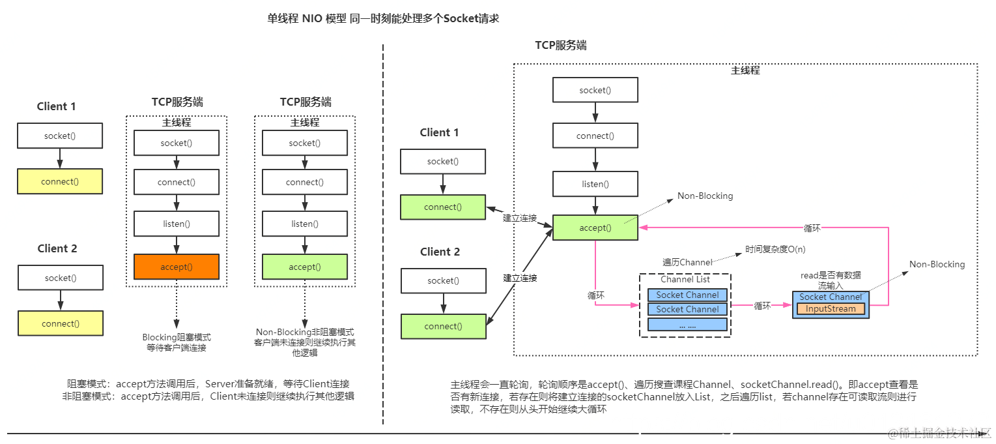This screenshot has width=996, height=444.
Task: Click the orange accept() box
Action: (176, 267)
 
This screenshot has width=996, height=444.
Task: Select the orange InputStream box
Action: (831, 309)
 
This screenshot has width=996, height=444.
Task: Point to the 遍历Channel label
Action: (687, 262)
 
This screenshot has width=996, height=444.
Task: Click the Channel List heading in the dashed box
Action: (685, 279)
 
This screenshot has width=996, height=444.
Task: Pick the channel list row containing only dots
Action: (687, 325)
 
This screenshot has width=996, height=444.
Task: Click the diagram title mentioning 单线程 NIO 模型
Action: (383, 19)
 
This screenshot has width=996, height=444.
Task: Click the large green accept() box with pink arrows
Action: (595, 228)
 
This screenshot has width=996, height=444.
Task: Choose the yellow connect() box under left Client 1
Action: (60, 181)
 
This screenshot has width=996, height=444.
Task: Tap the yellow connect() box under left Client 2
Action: (60, 323)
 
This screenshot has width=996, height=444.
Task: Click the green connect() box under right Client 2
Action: (443, 327)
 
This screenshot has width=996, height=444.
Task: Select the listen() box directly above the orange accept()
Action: (176, 224)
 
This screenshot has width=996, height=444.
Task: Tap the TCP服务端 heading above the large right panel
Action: (560, 45)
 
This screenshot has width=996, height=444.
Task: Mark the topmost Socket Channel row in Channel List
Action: (687, 295)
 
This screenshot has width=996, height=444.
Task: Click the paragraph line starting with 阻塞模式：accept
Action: (213, 384)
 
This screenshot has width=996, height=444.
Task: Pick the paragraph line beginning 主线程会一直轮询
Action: (684, 385)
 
